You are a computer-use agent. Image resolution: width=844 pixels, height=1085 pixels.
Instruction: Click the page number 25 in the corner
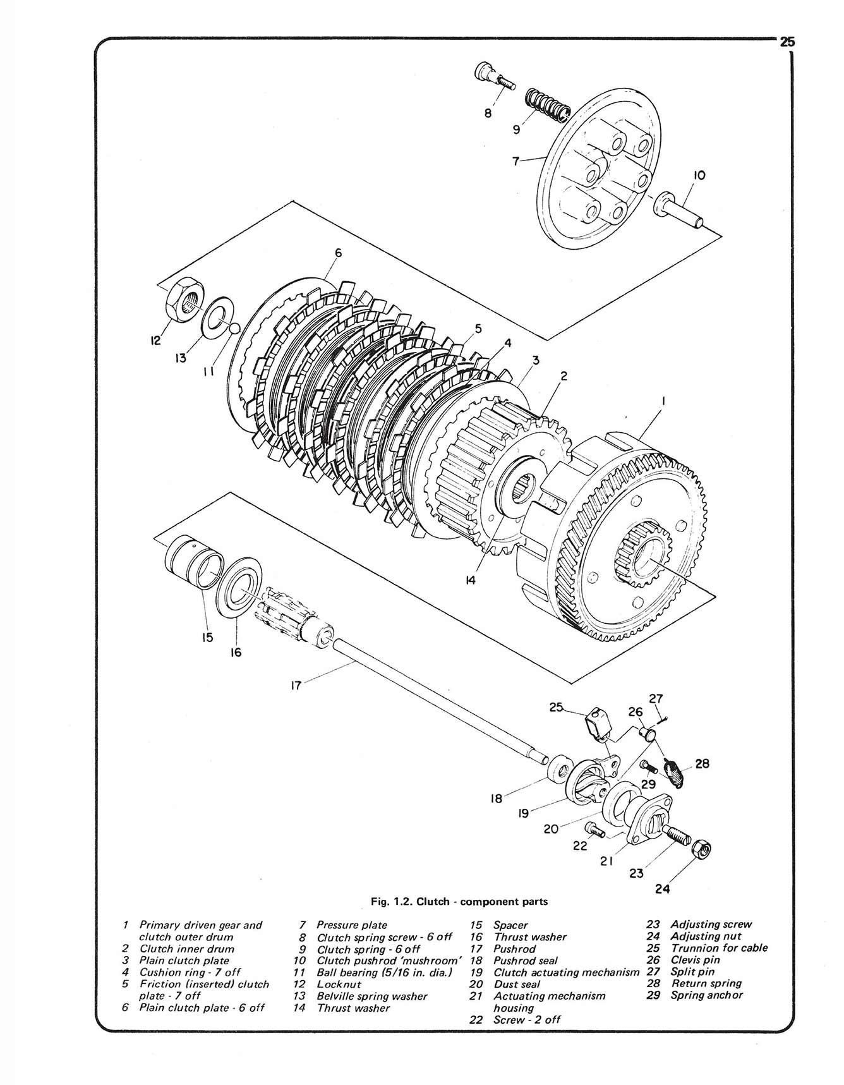click(x=787, y=42)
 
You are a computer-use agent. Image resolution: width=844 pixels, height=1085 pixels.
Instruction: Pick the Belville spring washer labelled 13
click(x=217, y=315)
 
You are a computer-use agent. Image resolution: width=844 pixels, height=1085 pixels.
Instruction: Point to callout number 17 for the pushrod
click(x=295, y=684)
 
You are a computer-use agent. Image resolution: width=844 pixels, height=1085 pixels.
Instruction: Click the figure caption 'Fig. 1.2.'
click(x=392, y=902)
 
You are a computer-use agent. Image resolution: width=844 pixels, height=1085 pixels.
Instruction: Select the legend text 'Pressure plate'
click(x=351, y=925)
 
